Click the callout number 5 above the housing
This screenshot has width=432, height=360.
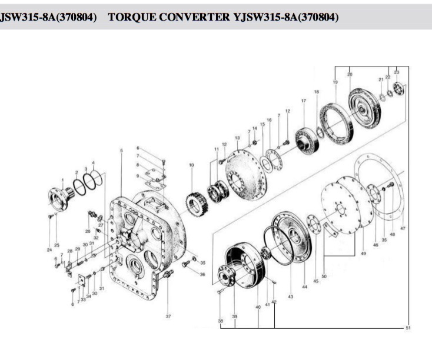(x=121, y=151)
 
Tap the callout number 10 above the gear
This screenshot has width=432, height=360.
(x=191, y=165)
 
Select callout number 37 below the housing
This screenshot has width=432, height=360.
(x=168, y=316)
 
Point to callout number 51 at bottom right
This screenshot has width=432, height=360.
(x=409, y=327)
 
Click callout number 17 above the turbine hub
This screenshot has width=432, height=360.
(x=304, y=101)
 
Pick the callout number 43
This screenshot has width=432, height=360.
(x=290, y=297)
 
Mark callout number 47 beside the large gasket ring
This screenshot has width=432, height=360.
(x=403, y=228)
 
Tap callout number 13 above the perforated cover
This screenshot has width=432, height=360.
(x=237, y=138)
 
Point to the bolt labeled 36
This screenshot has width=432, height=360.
(x=186, y=265)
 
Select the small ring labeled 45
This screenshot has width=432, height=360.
(x=315, y=228)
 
